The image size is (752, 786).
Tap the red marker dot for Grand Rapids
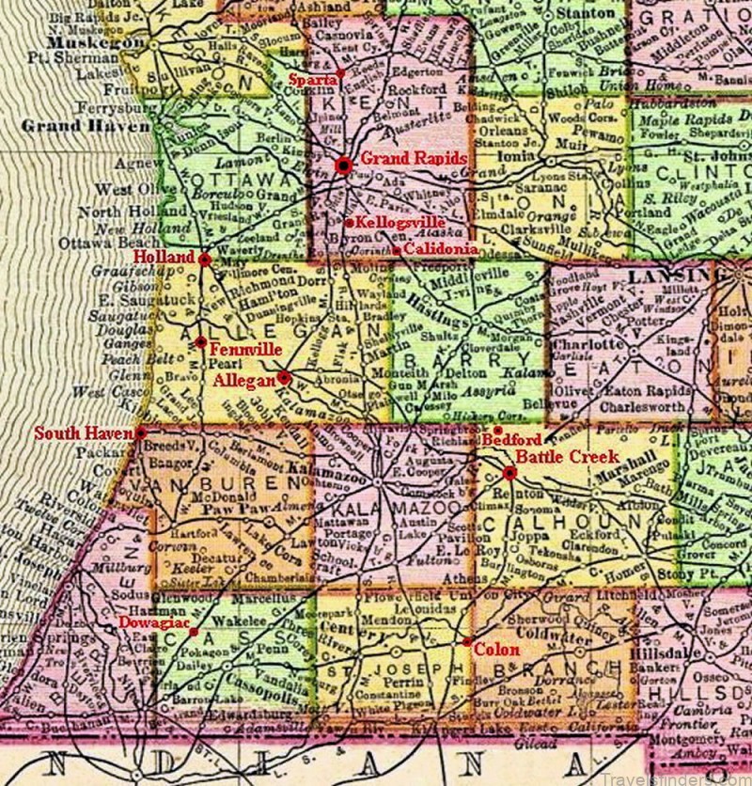point(344,165)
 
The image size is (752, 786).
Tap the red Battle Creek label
point(565,456)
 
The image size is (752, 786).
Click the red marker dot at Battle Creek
point(509,473)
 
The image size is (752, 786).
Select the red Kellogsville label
point(395,222)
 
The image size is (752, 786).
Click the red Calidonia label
point(440,249)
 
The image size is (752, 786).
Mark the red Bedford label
point(517,440)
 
